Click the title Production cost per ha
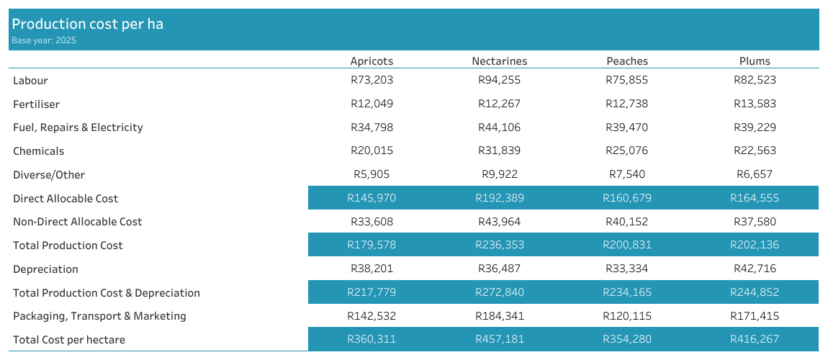87,24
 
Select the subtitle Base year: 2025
44,40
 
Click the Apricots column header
372,61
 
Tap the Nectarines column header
499,61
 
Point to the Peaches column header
627,61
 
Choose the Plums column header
755,61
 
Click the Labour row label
31,81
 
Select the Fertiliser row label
37,104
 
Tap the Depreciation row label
45,269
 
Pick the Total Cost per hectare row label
69,340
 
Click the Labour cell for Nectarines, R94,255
499,81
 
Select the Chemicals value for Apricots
372,151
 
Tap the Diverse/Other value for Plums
755,174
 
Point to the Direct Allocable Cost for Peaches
627,198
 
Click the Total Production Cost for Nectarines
499,245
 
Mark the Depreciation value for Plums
755,269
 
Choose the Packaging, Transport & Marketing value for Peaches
627,316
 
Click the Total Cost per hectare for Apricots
372,340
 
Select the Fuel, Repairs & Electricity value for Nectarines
499,127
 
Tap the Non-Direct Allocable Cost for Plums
755,222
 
